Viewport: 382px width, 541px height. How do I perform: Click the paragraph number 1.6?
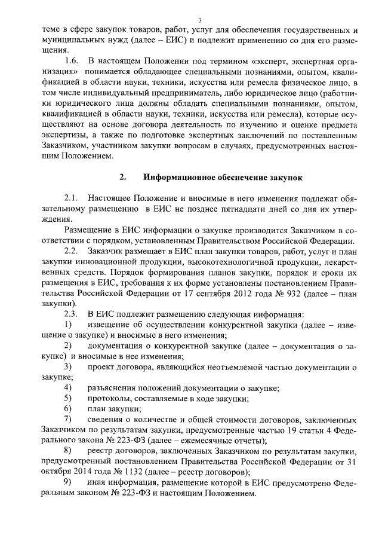point(71,60)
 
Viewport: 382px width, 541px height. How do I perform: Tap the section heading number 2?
point(122,178)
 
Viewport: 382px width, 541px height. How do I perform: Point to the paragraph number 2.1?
point(71,198)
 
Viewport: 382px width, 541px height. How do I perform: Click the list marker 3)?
point(67,366)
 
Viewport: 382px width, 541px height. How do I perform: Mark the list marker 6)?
point(67,409)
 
